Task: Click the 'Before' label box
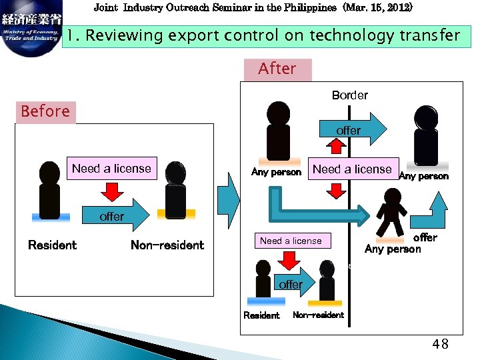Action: tap(45, 111)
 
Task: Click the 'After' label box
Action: tap(277, 69)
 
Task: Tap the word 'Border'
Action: tap(349, 95)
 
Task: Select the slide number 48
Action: tap(440, 344)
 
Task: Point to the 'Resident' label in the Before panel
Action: tap(52, 245)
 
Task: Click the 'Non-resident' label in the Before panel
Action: tap(167, 245)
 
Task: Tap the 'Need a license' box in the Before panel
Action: tap(111, 169)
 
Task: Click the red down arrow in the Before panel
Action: tap(112, 193)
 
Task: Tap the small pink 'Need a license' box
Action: tap(291, 241)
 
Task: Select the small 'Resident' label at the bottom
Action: tap(261, 315)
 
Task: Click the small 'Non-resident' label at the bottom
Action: tap(319, 315)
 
